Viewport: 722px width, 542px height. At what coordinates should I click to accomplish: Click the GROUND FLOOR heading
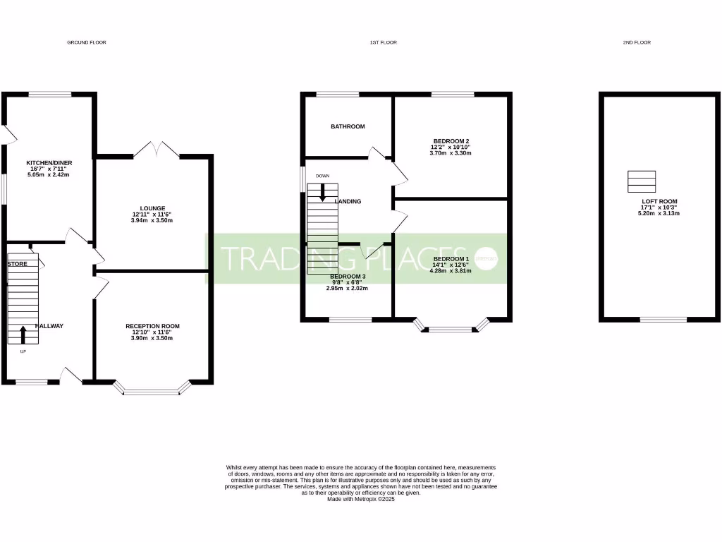(x=86, y=42)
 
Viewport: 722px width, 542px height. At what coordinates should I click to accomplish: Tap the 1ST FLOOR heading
(x=383, y=42)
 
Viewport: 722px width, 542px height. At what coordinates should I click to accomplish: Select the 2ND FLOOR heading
(x=636, y=42)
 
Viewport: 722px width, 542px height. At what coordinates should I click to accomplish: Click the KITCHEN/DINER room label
(x=49, y=163)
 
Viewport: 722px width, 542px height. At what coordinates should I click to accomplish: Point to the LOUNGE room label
(x=152, y=208)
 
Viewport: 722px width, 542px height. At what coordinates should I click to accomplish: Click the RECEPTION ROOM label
(x=152, y=326)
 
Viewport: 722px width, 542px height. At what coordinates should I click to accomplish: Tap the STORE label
(x=17, y=263)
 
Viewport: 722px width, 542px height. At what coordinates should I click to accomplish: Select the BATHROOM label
(x=348, y=126)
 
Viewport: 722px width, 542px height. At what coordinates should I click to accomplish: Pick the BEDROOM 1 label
(x=451, y=259)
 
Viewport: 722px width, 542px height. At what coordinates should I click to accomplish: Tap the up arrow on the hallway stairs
(x=23, y=333)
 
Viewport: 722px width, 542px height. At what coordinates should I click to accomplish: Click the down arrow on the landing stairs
(x=323, y=192)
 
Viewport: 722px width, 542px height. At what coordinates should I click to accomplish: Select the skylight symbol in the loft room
(x=642, y=181)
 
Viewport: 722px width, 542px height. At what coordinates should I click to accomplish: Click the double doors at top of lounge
(x=156, y=150)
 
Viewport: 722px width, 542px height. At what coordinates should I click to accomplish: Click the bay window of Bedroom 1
(x=451, y=327)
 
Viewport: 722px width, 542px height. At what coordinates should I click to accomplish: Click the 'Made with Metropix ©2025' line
(x=360, y=499)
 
